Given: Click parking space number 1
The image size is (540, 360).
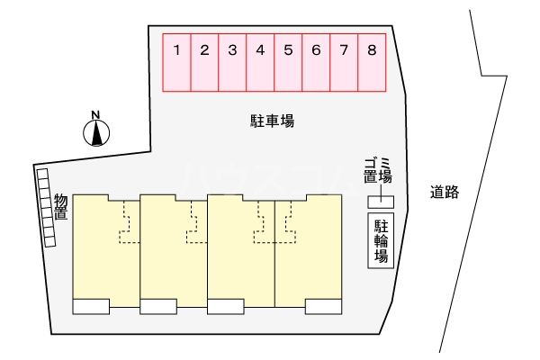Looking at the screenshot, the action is pos(177,62).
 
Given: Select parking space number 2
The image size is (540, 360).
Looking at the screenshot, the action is pos(205,62).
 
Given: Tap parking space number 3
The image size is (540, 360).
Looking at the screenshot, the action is pos(232,62).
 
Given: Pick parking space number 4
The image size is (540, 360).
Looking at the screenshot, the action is pos(260,62).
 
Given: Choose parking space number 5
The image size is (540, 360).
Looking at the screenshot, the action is pos(288,62).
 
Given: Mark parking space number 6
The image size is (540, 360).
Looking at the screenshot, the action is pos(316,62).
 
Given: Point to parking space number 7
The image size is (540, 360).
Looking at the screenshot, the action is pos(344,62).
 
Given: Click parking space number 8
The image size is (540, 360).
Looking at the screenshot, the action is pos(372,62).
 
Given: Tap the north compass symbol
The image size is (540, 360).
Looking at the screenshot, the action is pos(96,133).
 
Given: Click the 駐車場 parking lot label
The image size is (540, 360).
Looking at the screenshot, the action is pos(273,120).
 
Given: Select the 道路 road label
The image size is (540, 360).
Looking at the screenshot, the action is pos(445,192).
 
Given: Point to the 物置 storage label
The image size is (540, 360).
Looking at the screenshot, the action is pos(61,206).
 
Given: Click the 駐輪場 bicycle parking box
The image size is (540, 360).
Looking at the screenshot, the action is pos(382,240).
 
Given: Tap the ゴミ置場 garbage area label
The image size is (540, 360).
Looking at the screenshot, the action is pos(378,169).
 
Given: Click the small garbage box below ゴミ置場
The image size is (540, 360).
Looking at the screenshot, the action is pos(385,199).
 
